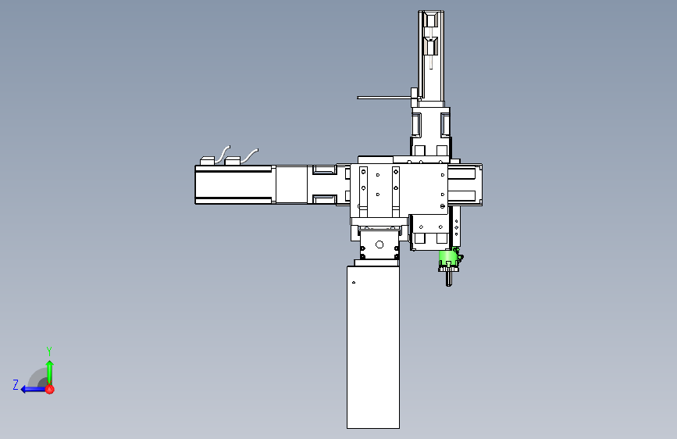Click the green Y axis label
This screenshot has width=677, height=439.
click(x=49, y=351)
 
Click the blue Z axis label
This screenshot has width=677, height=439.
click(x=16, y=384)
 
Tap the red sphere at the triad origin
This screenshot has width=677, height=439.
click(x=49, y=388)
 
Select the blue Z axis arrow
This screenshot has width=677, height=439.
click(x=31, y=388)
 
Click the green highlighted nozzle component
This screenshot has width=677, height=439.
click(x=447, y=259)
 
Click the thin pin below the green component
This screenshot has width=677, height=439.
click(x=449, y=278)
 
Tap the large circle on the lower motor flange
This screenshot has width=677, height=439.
click(x=379, y=244)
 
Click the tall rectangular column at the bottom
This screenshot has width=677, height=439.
click(x=373, y=348)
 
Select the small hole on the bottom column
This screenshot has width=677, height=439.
click(x=354, y=281)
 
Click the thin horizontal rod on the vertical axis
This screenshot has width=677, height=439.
click(x=383, y=98)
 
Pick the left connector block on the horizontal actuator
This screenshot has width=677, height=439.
click(x=207, y=161)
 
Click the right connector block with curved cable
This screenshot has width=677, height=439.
click(x=233, y=161)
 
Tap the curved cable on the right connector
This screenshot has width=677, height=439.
click(x=250, y=154)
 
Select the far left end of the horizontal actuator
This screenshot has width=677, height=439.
click(x=198, y=185)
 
